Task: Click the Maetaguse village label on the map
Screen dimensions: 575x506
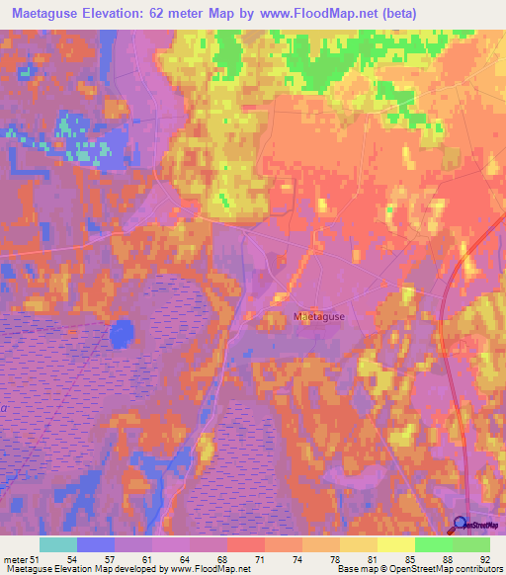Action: (x=318, y=316)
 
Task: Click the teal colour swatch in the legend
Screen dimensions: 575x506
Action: (x=58, y=544)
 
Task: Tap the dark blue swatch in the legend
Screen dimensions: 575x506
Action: (x=96, y=544)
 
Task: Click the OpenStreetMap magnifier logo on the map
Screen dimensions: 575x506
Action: (x=461, y=525)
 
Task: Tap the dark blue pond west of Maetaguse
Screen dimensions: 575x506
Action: (x=122, y=334)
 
